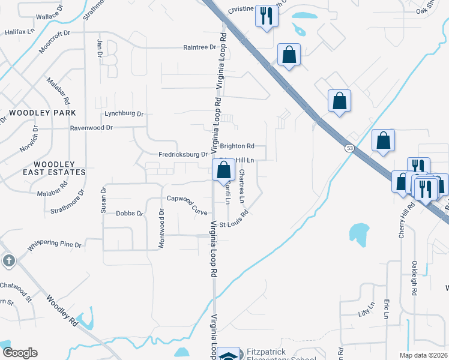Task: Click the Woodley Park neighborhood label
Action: click(x=43, y=113)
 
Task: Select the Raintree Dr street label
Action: click(x=199, y=47)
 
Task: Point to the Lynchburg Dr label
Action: click(x=124, y=113)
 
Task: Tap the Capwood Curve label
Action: click(x=187, y=203)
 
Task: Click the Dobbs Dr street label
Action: click(x=130, y=213)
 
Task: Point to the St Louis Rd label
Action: click(x=234, y=220)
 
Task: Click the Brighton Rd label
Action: click(x=237, y=146)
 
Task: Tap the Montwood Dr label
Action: click(x=161, y=229)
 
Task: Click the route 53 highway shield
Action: click(x=349, y=147)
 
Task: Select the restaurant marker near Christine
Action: click(x=266, y=16)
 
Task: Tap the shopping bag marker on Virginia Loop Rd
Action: click(x=223, y=170)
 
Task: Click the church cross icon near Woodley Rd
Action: click(x=8, y=260)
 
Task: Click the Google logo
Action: click(x=20, y=353)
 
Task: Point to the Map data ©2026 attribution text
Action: click(x=423, y=355)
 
